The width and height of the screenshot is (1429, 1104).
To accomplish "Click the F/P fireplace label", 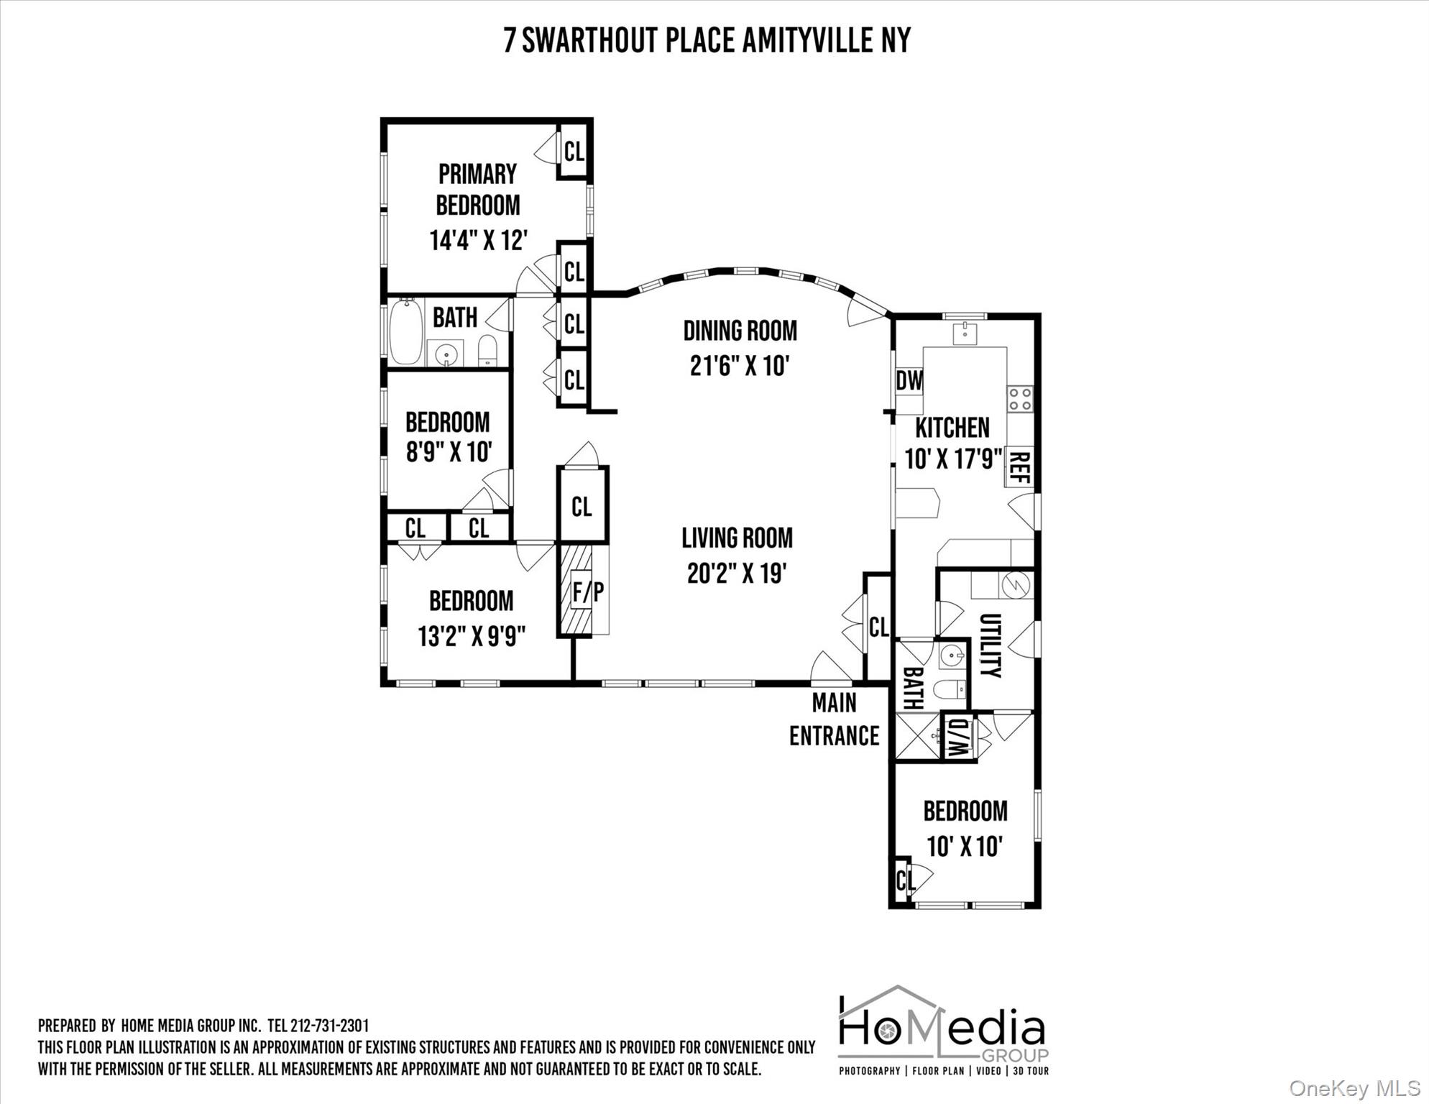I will pyautogui.click(x=587, y=592).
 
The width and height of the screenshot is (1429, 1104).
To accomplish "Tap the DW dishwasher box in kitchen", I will pyautogui.click(x=909, y=381).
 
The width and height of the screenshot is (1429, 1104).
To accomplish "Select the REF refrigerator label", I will pyautogui.click(x=1020, y=466).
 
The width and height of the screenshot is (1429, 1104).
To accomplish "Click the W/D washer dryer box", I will pyautogui.click(x=958, y=736).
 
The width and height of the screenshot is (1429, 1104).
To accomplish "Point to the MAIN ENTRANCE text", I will pyautogui.click(x=834, y=719).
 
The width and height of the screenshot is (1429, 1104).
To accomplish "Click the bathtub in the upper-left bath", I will pyautogui.click(x=406, y=331).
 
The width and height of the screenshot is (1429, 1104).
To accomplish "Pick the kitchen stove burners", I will pyautogui.click(x=1020, y=399).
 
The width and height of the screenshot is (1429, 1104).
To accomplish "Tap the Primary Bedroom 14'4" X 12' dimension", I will pyautogui.click(x=479, y=240).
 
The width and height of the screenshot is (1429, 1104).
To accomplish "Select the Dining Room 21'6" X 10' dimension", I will pyautogui.click(x=740, y=366).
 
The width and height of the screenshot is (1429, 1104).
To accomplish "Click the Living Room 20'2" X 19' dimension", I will pyautogui.click(x=737, y=573).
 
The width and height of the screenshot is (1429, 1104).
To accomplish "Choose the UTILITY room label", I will pyautogui.click(x=990, y=645).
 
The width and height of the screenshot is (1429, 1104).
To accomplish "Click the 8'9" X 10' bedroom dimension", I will pyautogui.click(x=449, y=452).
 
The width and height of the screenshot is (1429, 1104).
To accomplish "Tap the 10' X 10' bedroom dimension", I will pyautogui.click(x=964, y=846).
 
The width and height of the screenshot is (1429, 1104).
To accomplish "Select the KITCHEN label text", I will pyautogui.click(x=952, y=428).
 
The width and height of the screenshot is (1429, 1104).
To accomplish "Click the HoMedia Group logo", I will pyautogui.click(x=942, y=1030).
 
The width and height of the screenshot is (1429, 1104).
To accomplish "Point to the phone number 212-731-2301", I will pyautogui.click(x=329, y=1026).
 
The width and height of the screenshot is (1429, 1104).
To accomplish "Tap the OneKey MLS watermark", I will pyautogui.click(x=1354, y=1088).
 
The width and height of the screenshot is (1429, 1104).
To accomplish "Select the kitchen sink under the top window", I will pyautogui.click(x=963, y=333).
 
